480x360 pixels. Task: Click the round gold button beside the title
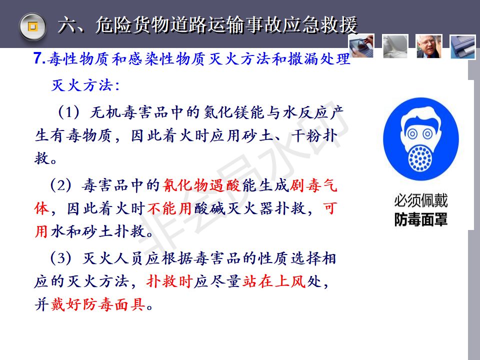(x=32, y=26)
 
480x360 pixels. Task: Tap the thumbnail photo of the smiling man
(x=429, y=46)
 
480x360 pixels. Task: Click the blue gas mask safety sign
(x=421, y=139)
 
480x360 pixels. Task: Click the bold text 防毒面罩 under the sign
(x=421, y=219)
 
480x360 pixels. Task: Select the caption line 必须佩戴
(x=421, y=201)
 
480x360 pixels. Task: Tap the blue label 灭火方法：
(x=85, y=85)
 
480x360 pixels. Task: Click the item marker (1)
(x=69, y=112)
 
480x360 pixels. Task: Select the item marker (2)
(x=60, y=185)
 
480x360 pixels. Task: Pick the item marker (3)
(x=60, y=258)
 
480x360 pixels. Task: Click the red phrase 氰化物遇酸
(x=201, y=185)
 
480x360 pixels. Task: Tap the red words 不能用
(x=169, y=208)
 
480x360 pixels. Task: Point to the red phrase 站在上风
(x=274, y=281)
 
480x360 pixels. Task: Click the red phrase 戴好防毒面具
(x=98, y=304)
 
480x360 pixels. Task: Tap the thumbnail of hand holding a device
(x=361, y=46)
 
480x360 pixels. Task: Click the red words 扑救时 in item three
(x=169, y=281)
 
